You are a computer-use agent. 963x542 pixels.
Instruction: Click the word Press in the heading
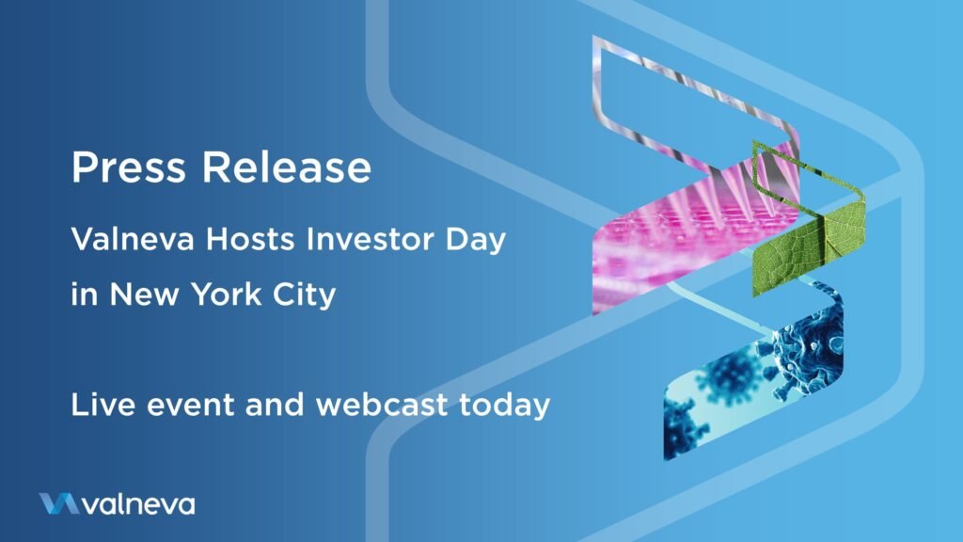tap(128, 167)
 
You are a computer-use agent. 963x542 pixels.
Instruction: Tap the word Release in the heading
tap(287, 167)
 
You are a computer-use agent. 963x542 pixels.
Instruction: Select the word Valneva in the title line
tap(133, 238)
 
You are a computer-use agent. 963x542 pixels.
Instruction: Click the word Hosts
tap(250, 238)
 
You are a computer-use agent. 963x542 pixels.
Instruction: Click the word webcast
tap(382, 405)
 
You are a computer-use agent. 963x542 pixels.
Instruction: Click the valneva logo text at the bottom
tap(139, 504)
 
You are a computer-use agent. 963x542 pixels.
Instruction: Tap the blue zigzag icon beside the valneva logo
tap(59, 503)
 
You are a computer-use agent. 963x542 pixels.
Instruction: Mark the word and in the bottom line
tap(275, 405)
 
